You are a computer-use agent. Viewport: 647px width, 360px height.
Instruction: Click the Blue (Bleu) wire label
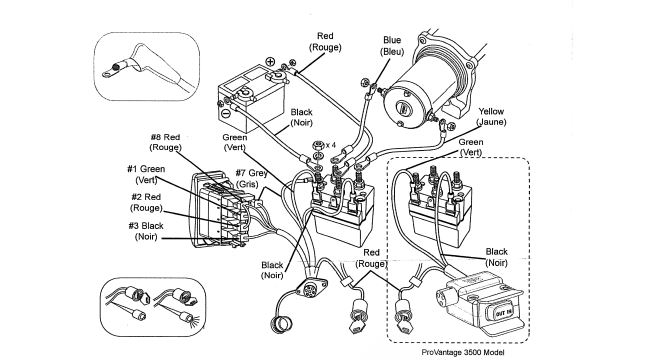392,46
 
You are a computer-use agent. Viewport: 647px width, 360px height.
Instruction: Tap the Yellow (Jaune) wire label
491,117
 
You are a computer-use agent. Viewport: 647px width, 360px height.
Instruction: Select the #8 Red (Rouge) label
165,142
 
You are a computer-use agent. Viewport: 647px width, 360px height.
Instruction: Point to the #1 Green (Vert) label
146,175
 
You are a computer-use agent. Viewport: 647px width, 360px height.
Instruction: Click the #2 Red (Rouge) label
146,203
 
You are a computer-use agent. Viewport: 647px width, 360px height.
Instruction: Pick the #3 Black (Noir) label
146,231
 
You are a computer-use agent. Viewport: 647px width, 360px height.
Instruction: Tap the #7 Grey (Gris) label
251,178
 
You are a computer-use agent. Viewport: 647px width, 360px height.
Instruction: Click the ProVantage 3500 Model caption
463,352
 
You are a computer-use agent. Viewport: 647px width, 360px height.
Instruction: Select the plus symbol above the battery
270,62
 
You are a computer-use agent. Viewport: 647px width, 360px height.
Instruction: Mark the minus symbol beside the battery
225,112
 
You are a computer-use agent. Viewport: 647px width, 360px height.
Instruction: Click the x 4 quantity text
331,145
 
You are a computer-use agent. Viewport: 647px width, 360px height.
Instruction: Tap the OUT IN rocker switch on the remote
503,313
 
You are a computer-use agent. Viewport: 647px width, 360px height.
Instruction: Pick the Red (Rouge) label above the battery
325,42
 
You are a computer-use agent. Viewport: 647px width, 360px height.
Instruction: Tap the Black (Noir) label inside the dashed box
496,257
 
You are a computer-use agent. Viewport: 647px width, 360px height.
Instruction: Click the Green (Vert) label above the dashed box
470,147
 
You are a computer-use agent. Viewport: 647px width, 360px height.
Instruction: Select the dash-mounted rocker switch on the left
217,211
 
